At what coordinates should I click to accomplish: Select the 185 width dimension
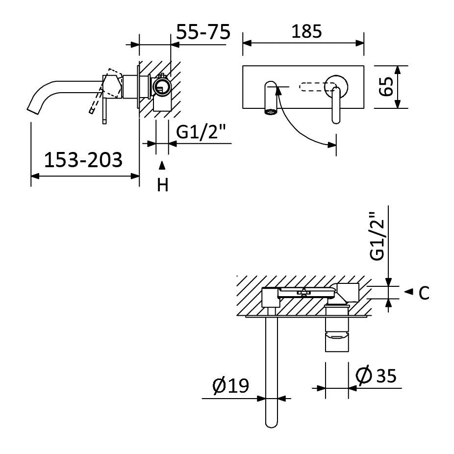click(x=306, y=31)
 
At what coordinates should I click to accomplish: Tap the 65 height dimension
click(x=386, y=87)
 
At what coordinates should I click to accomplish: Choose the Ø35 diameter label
click(x=376, y=376)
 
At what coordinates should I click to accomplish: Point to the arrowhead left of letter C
click(x=408, y=292)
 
